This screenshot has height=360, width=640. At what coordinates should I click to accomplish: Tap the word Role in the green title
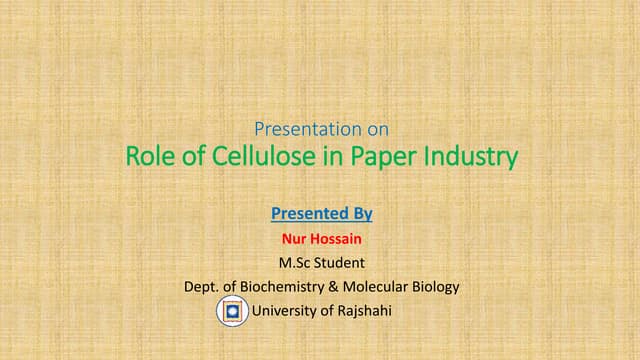point(148,157)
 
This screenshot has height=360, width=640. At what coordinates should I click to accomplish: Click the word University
point(285,311)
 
